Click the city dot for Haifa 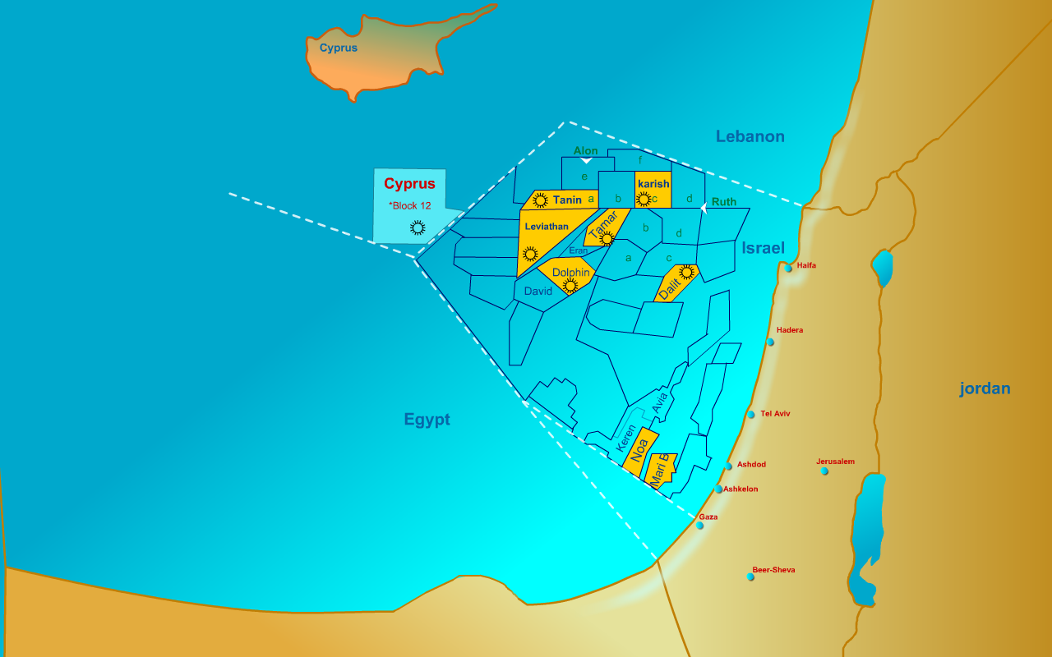point(788,269)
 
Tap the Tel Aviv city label point(775,414)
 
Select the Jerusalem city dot point(824,471)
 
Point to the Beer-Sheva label point(773,570)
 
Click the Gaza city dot point(700,526)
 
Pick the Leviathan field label point(546,227)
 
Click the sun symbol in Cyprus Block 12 point(418,227)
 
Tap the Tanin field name point(567,200)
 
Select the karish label point(653,184)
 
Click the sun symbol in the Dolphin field point(570,285)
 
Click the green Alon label point(586,151)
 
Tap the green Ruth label point(724,202)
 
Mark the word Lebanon point(750,136)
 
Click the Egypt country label point(427,420)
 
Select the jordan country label point(985,388)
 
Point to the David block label point(538,292)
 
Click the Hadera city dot point(770,342)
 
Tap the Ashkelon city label point(741,489)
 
